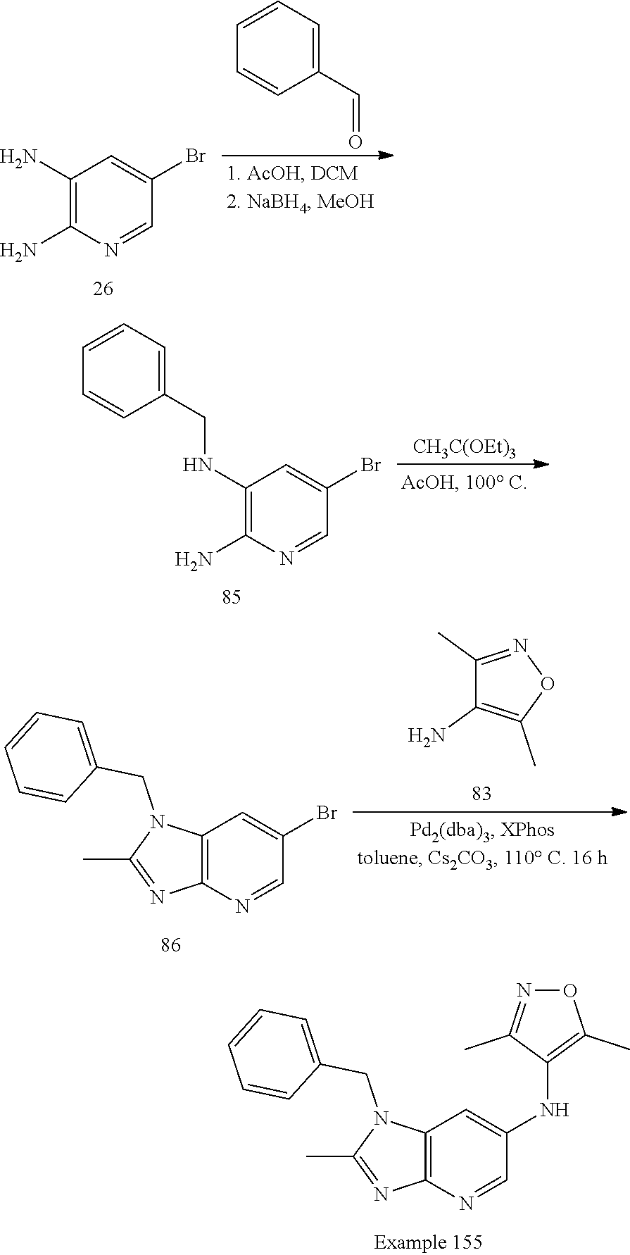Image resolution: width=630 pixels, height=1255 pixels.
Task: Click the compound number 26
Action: (103, 289)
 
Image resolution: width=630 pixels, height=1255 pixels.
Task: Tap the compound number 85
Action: (231, 597)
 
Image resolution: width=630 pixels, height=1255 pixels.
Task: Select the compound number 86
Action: (170, 945)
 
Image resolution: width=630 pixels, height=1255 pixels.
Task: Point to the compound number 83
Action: (481, 794)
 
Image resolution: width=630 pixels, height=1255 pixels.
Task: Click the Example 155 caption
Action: (427, 1242)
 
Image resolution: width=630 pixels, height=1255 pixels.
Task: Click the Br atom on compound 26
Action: (195, 156)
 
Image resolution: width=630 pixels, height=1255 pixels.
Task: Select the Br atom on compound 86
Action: (326, 813)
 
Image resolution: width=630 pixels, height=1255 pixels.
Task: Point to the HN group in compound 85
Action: (198, 465)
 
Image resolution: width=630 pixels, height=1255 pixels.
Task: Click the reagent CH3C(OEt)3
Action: (464, 449)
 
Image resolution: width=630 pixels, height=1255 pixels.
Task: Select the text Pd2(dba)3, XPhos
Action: (482, 831)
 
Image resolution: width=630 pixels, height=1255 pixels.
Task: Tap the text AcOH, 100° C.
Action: (464, 484)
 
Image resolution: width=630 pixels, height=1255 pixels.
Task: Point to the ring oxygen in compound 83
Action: (548, 682)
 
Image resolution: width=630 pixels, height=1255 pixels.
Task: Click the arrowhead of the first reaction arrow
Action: (386, 156)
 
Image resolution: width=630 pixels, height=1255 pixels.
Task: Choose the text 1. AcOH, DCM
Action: (292, 173)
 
